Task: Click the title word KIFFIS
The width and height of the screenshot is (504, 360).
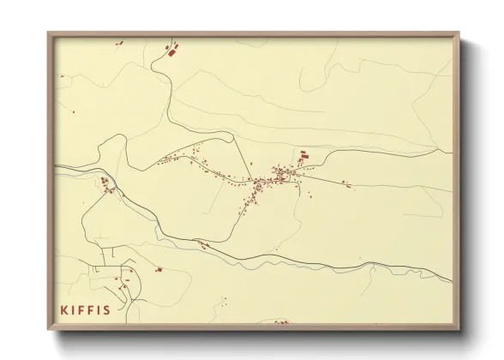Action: click(85, 309)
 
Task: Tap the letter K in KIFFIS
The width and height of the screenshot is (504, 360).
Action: click(63, 309)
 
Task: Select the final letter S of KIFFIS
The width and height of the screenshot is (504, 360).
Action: click(106, 309)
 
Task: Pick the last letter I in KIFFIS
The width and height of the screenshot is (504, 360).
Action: click(98, 309)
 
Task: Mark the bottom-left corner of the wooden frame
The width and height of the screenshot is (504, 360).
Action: click(49, 330)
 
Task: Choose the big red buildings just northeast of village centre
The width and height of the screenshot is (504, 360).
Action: click(303, 156)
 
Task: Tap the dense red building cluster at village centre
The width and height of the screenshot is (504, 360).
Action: click(280, 176)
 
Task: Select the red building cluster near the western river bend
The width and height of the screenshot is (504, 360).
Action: click(105, 183)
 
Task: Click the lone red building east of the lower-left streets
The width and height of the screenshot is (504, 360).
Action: click(159, 269)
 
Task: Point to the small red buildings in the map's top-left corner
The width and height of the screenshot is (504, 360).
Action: click(119, 42)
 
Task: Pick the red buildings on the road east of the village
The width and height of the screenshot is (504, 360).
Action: click(345, 183)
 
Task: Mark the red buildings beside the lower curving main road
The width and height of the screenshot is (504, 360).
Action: click(202, 245)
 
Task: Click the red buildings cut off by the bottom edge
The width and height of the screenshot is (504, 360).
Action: click(281, 321)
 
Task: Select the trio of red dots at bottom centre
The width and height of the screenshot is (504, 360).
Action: click(221, 302)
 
